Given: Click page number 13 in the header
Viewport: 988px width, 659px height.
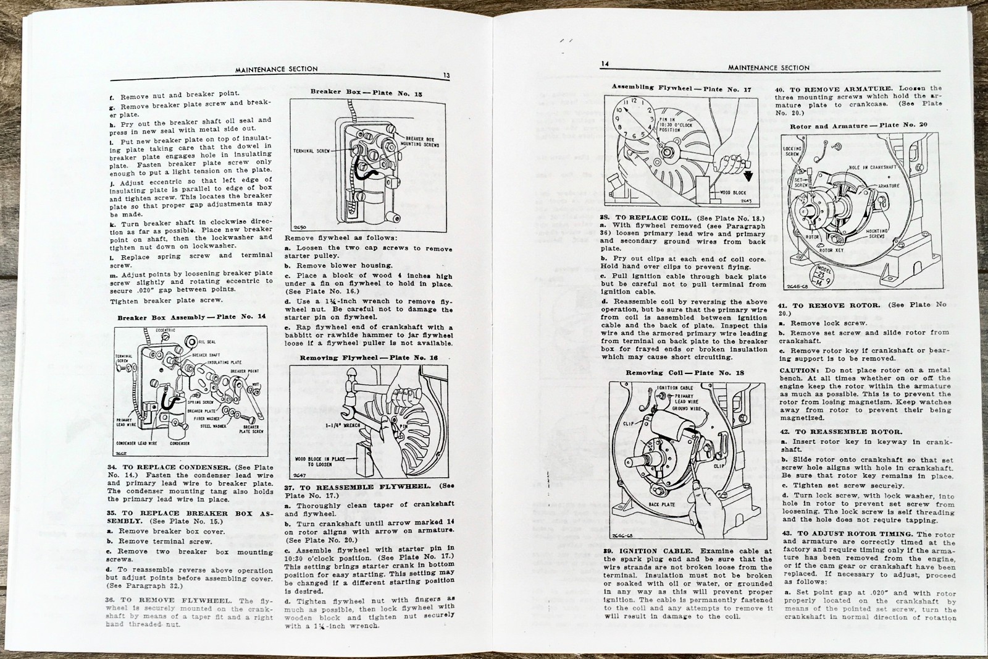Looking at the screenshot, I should [x=446, y=76].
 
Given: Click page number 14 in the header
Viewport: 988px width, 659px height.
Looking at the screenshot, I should [x=606, y=64].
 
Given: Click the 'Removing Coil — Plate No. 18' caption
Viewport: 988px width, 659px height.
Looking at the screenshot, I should [x=685, y=373].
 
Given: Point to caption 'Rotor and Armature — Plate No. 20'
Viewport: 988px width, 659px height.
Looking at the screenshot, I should [x=858, y=125].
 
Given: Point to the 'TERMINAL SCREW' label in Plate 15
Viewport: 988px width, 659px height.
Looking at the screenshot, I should [x=312, y=150].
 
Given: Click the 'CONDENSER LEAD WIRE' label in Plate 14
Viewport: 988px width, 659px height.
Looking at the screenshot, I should [x=136, y=443].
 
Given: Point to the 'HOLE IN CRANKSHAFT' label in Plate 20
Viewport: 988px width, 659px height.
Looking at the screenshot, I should [x=872, y=168].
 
